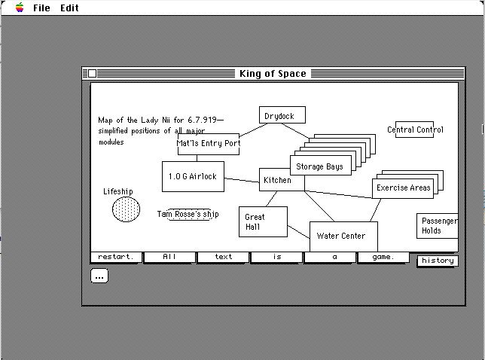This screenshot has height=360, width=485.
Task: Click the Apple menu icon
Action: (x=20, y=7)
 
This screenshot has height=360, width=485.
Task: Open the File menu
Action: (x=41, y=8)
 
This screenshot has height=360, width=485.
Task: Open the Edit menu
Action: (x=69, y=8)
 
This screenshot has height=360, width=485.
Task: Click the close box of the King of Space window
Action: (x=92, y=74)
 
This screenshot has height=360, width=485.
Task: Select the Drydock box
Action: (x=282, y=115)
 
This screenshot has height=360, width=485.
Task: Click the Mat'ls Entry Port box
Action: (x=209, y=144)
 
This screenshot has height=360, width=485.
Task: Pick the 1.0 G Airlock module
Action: (x=193, y=176)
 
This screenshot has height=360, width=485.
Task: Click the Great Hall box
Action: (x=263, y=221)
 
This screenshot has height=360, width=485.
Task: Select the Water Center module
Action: (x=343, y=236)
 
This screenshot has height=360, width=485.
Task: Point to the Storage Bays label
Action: (x=319, y=166)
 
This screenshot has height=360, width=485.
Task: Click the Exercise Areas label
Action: (x=404, y=188)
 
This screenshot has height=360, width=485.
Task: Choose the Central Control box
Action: (x=414, y=130)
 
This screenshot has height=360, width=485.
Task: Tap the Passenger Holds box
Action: (x=437, y=226)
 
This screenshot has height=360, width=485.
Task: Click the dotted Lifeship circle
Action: (x=126, y=209)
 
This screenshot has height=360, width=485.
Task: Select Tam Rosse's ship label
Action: (x=188, y=214)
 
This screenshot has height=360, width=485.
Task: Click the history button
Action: (x=438, y=261)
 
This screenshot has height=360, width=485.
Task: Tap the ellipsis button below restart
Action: (x=99, y=276)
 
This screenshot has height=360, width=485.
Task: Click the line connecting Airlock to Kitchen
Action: (x=242, y=180)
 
